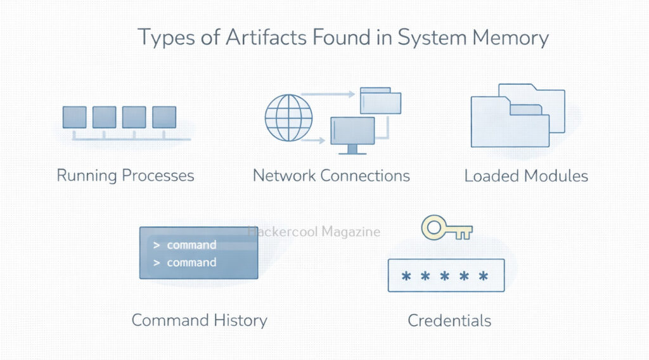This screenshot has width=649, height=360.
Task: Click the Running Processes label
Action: pyautogui.click(x=125, y=175)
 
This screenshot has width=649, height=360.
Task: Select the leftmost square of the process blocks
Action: pyautogui.click(x=74, y=117)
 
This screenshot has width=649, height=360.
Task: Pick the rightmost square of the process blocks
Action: pyautogui.click(x=164, y=117)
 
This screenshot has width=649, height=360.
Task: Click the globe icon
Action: pyautogui.click(x=289, y=117)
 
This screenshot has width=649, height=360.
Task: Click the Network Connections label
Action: pyautogui.click(x=331, y=175)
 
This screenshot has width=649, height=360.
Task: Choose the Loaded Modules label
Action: pyautogui.click(x=526, y=175)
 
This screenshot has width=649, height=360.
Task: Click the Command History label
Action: pyautogui.click(x=199, y=320)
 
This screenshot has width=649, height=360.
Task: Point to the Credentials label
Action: pyautogui.click(x=449, y=320)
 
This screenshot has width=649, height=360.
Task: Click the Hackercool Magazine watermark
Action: pyautogui.click(x=314, y=232)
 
